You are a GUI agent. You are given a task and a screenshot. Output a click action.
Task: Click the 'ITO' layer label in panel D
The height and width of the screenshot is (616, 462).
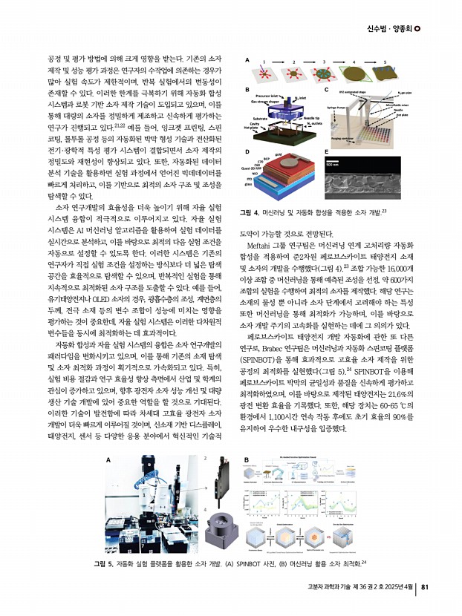pos(257,189)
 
